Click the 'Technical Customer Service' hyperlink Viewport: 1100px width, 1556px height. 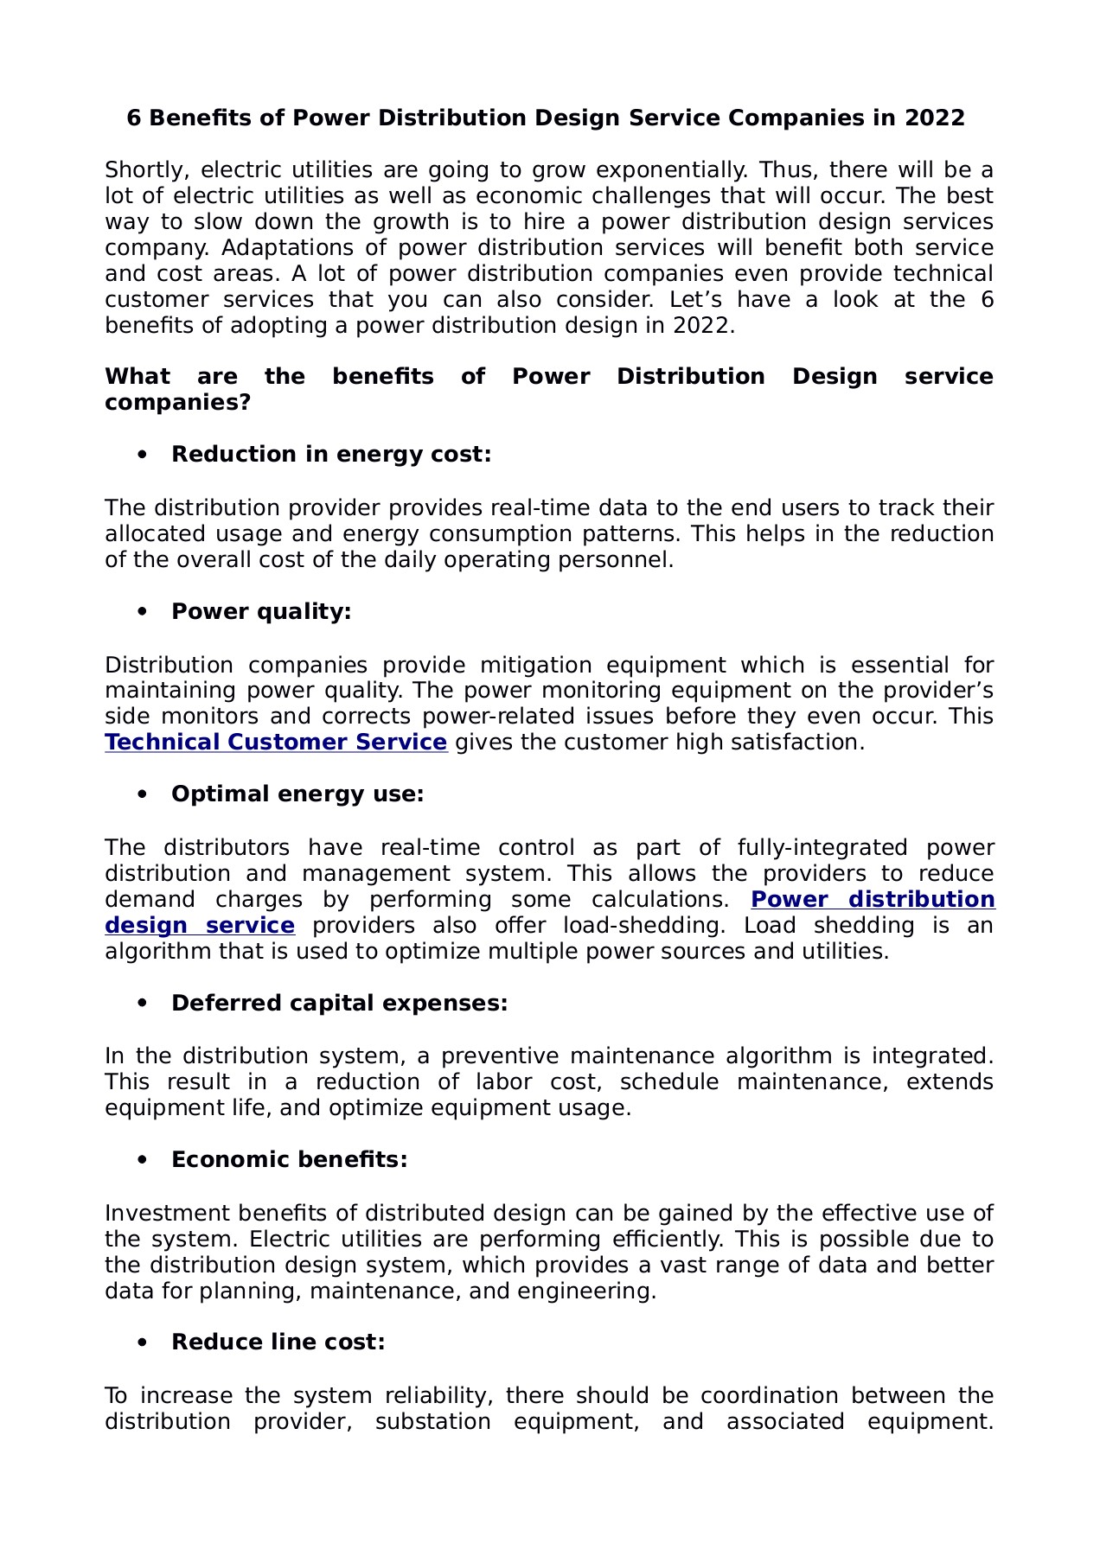[276, 743]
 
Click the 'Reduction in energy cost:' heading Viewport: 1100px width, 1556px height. [331, 455]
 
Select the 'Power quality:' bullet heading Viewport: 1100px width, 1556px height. [261, 612]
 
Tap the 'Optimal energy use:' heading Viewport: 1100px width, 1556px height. [297, 794]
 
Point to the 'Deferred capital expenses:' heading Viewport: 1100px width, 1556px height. [339, 1004]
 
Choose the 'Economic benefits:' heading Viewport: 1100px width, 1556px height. [289, 1160]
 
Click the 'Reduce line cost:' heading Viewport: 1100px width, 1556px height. [278, 1342]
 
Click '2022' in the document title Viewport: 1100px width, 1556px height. [935, 118]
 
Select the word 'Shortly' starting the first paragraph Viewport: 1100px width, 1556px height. [143, 170]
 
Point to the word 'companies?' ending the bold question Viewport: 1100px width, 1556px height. [177, 403]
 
